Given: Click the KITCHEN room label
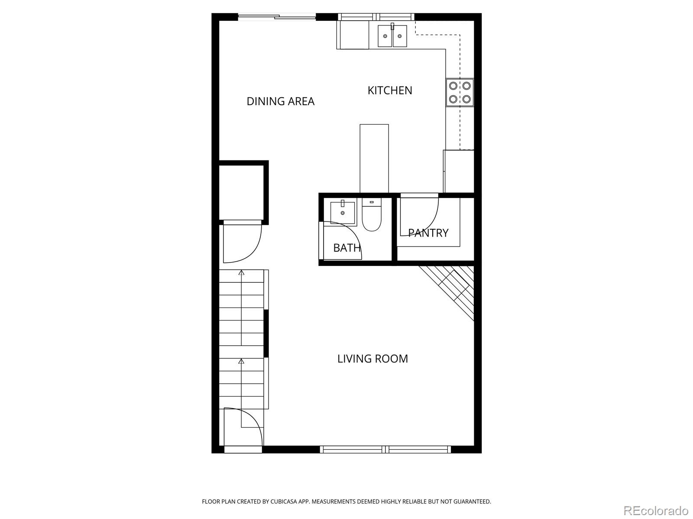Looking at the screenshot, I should click(390, 90).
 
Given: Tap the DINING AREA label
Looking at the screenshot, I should click(280, 101).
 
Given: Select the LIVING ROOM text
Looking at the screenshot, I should click(372, 359).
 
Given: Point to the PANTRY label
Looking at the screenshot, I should click(428, 233).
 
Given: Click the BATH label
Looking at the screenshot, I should click(346, 248).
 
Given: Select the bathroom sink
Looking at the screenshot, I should click(343, 211).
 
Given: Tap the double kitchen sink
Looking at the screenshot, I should click(392, 36).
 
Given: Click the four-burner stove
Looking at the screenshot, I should click(460, 92).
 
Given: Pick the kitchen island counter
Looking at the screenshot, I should click(374, 158).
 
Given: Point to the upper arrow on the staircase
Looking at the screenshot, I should click(241, 273).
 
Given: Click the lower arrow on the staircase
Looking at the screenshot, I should click(241, 361).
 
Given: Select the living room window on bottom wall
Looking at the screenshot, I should click(385, 449).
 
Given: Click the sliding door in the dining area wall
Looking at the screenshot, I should click(277, 17).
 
